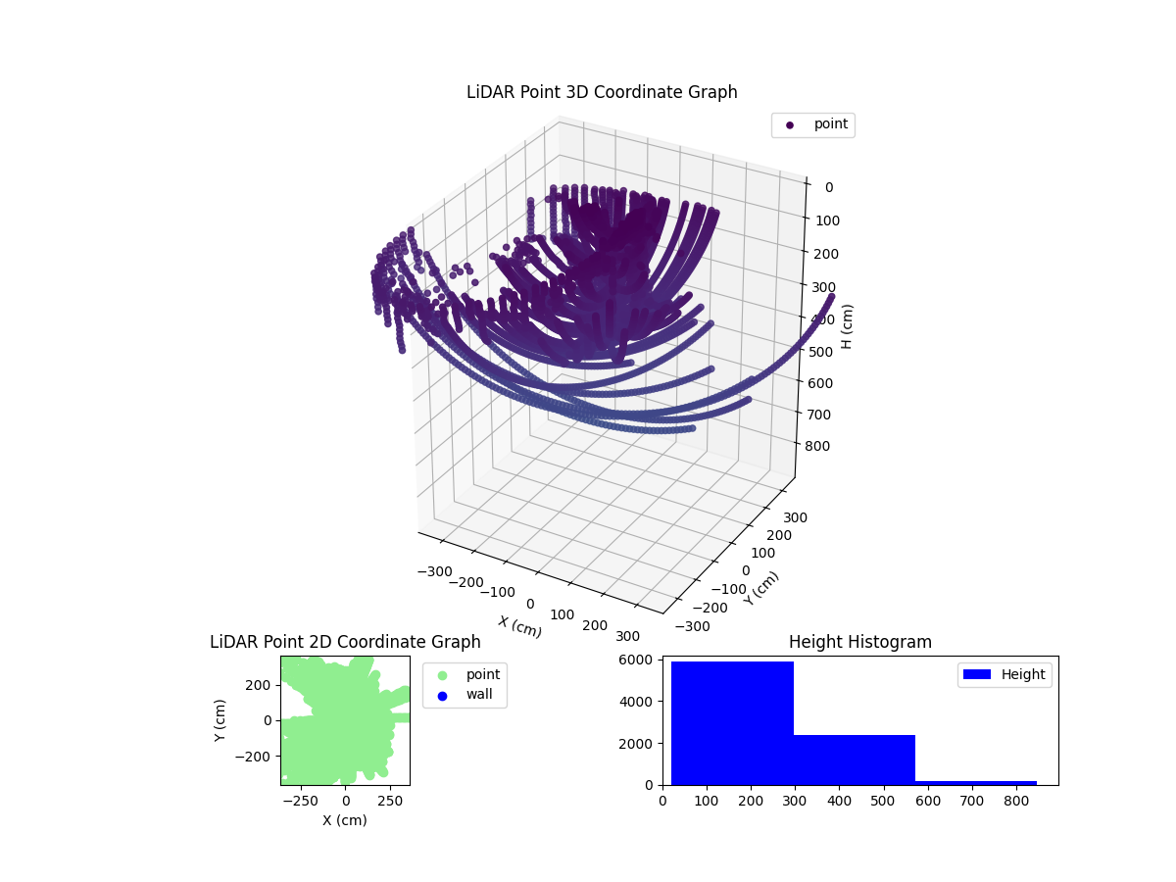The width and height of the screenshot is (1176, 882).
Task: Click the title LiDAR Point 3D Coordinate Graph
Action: (x=602, y=92)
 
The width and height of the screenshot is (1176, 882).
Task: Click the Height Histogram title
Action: (x=859, y=642)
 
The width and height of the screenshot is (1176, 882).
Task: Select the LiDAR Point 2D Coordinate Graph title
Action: (x=345, y=642)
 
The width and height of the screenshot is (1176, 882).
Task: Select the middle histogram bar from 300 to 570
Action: (x=854, y=759)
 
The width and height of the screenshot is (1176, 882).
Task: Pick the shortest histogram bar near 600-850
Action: (x=975, y=782)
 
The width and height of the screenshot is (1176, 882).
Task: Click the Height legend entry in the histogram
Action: (x=1004, y=674)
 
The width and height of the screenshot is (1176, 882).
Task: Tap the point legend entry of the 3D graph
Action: (x=813, y=124)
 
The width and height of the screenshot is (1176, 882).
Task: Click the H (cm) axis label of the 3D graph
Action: (x=849, y=326)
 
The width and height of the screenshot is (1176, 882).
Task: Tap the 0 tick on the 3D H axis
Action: (x=829, y=187)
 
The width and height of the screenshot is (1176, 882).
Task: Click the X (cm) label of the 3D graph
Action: (x=519, y=626)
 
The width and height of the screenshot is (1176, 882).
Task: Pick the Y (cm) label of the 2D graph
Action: (x=220, y=719)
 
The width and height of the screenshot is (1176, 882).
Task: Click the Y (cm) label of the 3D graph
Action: (x=761, y=588)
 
